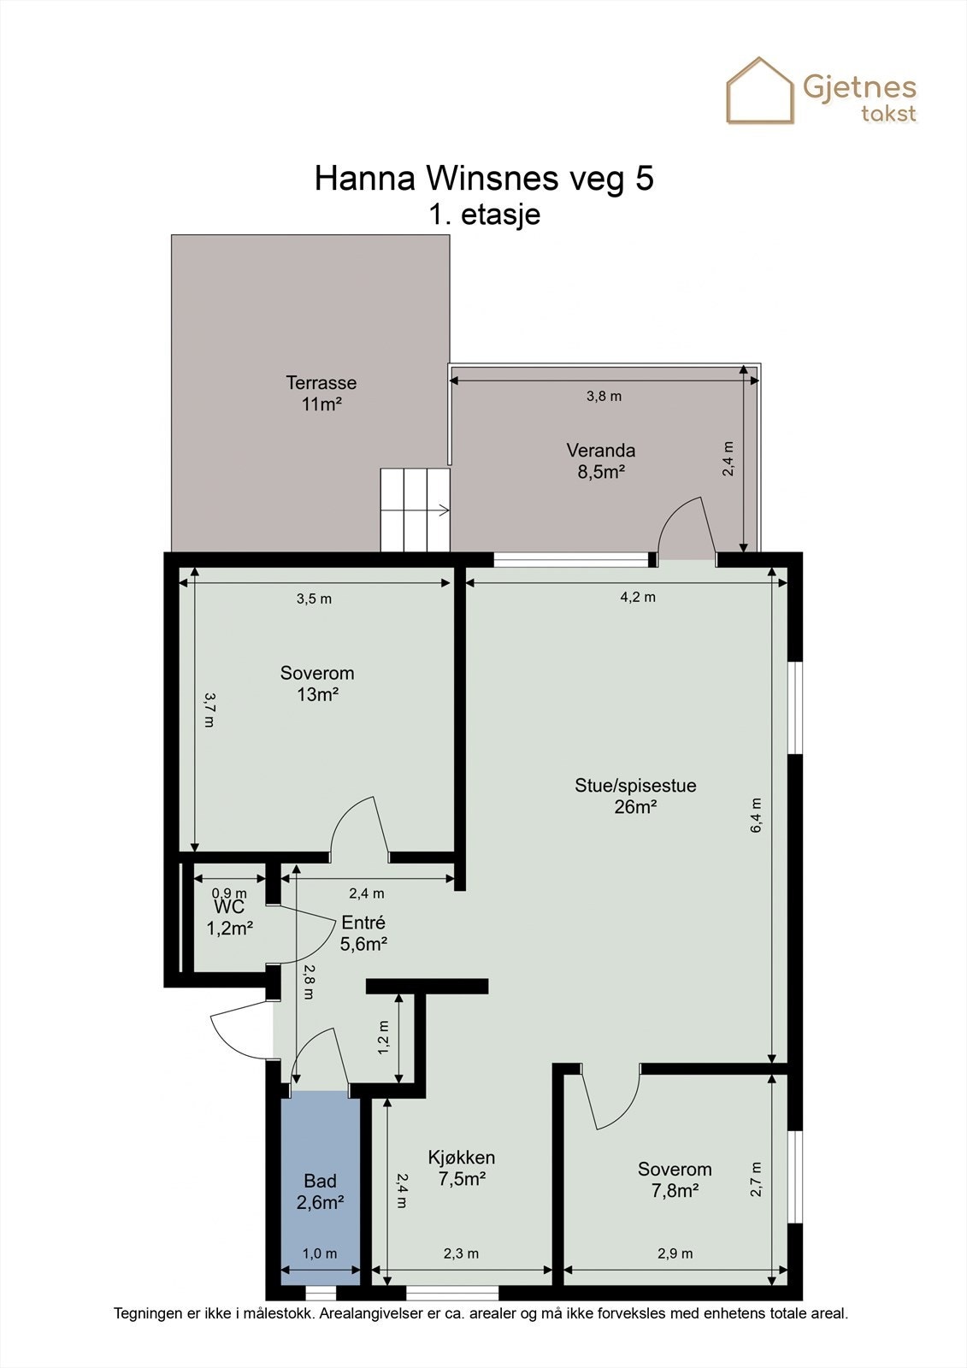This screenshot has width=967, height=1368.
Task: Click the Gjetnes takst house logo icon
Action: tap(760, 91)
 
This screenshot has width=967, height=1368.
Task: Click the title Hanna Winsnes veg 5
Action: tap(484, 179)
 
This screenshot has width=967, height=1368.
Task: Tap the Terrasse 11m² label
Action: tap(321, 393)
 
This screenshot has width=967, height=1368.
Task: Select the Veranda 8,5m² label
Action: tap(601, 461)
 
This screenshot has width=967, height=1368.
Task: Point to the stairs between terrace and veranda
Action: tap(416, 510)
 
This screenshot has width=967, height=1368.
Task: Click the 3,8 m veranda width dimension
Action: tap(604, 397)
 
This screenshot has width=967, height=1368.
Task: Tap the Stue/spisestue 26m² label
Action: tap(635, 796)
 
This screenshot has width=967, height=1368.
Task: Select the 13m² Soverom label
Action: tap(317, 683)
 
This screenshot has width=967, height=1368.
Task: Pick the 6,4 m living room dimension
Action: tap(757, 816)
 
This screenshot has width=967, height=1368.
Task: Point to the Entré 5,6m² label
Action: tap(363, 933)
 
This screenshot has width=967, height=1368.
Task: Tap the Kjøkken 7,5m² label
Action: tap(462, 1168)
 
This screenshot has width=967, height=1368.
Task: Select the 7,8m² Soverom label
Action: tap(675, 1179)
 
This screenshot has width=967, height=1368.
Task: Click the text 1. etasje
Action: tap(485, 215)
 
